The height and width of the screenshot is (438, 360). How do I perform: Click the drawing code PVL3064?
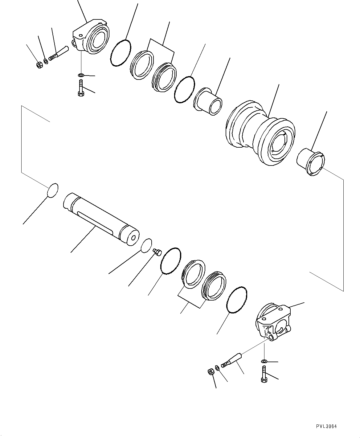click(326, 426)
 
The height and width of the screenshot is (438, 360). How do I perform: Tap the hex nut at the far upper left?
click(39, 65)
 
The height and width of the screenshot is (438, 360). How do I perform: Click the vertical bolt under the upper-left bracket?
click(81, 88)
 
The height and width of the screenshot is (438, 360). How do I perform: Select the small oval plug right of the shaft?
click(146, 245)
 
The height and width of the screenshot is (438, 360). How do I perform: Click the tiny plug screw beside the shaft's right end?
click(157, 253)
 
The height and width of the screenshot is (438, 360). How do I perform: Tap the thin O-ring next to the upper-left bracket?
click(121, 53)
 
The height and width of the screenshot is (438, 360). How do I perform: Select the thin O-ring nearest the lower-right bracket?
click(237, 300)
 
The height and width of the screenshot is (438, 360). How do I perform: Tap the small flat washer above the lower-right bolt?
click(264, 361)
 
